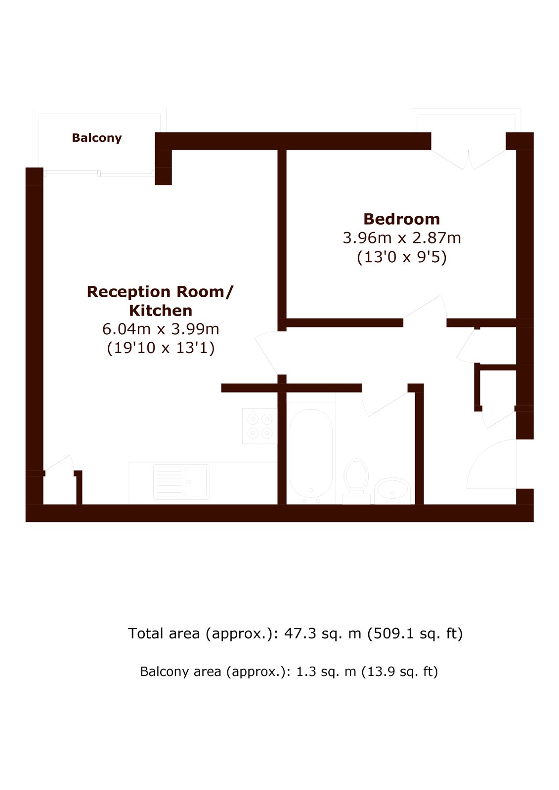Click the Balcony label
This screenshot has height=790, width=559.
(97, 138)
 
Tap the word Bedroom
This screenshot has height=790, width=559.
(401, 219)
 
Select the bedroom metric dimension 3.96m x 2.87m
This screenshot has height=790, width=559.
(402, 238)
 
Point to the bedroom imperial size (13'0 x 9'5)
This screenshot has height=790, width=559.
(402, 257)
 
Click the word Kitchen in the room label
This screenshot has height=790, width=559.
(161, 311)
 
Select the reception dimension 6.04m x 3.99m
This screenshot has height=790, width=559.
(161, 329)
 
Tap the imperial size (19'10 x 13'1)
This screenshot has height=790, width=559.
(161, 348)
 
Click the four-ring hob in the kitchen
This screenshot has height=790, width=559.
(260, 426)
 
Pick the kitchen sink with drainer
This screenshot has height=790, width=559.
(181, 482)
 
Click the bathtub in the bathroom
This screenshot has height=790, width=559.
(311, 453)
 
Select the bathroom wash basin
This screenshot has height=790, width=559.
(392, 491)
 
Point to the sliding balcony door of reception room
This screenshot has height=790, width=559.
(99, 173)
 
